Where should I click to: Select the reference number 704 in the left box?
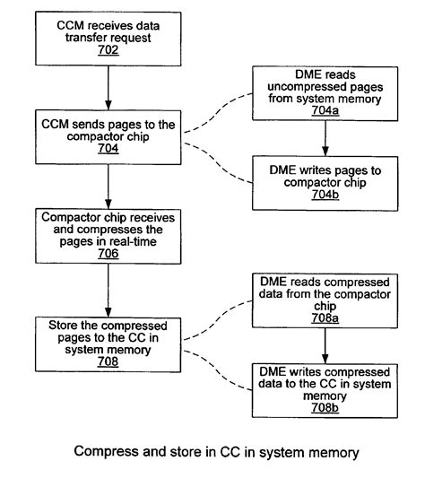pyautogui.click(x=108, y=152)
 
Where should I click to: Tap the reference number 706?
pyautogui.click(x=108, y=253)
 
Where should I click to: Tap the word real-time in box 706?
pyautogui.click(x=133, y=240)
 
